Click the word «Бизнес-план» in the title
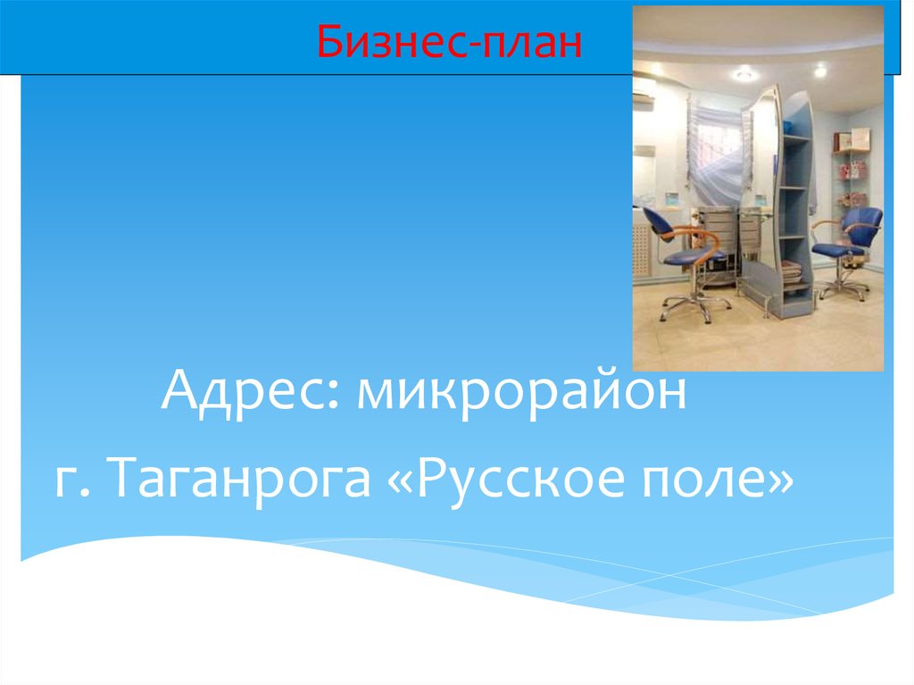click(450, 42)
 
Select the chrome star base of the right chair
click(843, 288)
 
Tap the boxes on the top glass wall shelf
click(852, 139)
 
